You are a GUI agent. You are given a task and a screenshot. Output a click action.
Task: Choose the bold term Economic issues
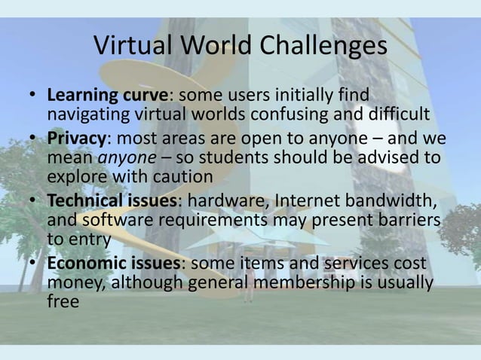click(x=117, y=265)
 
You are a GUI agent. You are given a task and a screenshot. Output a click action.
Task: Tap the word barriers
click(x=402, y=218)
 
